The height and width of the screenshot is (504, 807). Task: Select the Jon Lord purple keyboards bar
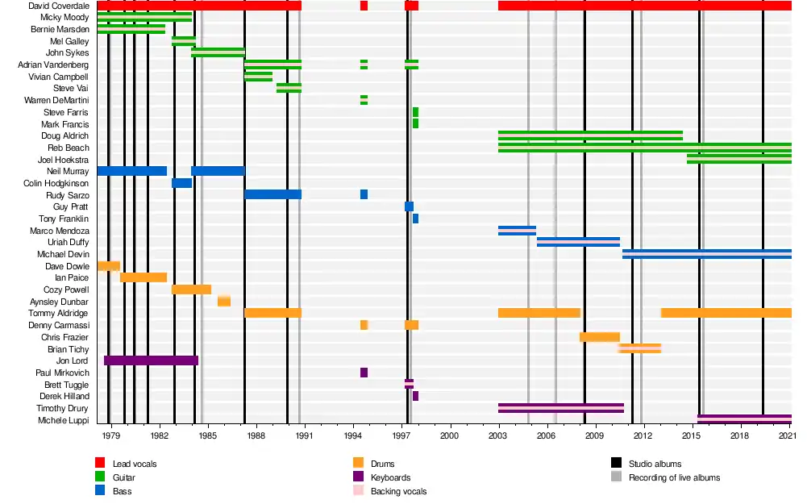point(151,360)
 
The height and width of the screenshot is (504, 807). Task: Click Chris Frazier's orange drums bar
point(599,337)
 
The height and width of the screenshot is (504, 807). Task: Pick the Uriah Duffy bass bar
point(578,242)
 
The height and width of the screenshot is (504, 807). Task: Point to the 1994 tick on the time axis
point(353,435)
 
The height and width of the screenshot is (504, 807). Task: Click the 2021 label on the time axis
point(788,435)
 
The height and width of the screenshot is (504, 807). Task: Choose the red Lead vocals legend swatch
point(100,463)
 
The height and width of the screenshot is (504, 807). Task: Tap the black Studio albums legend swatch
point(616,463)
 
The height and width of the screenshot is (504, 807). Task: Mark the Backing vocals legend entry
point(398,491)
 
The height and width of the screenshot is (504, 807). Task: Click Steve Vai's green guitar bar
point(289,88)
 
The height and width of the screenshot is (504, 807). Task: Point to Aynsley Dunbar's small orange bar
point(224,301)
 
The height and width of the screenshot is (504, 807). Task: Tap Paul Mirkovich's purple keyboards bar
point(364,373)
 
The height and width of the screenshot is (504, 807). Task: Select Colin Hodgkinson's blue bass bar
point(181,183)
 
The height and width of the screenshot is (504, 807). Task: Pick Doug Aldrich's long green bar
point(590,135)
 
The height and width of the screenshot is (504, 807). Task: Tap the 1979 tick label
point(111,435)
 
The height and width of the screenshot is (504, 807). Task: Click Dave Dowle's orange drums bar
point(108,265)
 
